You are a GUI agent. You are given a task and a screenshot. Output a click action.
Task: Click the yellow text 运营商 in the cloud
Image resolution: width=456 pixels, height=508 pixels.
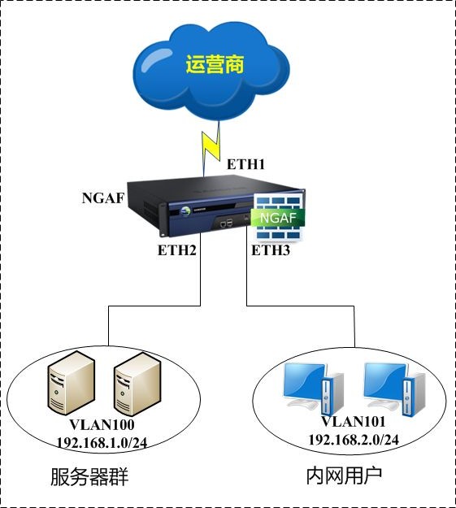[x=215, y=64]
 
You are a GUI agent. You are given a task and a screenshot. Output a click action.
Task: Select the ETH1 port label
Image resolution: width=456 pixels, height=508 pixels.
[x=245, y=164]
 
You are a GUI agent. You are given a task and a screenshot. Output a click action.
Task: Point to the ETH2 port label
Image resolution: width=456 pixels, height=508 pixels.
[x=177, y=250]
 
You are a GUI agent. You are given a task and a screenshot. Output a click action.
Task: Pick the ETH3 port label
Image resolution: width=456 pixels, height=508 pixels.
[x=271, y=250]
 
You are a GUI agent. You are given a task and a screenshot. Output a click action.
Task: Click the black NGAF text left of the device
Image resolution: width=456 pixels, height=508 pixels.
[x=103, y=198]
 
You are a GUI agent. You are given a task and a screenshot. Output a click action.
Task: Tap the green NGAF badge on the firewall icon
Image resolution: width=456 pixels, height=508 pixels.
[x=278, y=218]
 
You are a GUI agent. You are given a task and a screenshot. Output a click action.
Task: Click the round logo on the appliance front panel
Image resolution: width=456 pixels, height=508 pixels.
[x=185, y=211]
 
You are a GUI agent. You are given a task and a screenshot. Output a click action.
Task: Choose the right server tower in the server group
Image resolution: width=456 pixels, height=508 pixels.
[x=137, y=384]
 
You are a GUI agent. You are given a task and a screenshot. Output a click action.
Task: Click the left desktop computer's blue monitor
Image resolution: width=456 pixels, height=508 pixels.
[x=304, y=380]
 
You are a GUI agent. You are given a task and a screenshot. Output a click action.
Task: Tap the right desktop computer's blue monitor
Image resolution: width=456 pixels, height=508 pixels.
[x=384, y=380]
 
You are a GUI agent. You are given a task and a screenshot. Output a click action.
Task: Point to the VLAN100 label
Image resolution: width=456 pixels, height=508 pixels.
[x=102, y=425]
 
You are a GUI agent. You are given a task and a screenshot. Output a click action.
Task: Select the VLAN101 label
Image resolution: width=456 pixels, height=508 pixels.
[x=354, y=422]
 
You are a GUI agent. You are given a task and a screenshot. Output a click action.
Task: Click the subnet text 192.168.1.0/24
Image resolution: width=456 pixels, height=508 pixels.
[x=102, y=442]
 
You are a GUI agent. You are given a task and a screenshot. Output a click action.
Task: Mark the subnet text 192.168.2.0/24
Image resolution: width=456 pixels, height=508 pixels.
[x=354, y=439]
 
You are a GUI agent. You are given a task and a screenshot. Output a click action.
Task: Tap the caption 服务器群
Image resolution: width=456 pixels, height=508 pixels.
[x=89, y=477]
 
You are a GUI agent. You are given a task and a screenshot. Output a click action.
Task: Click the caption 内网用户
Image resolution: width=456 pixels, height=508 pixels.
[x=344, y=475]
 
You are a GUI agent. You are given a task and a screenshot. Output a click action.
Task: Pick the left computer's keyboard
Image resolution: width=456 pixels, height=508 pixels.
[x=304, y=404]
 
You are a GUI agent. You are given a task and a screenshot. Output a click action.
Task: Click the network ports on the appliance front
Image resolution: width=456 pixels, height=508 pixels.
[x=227, y=223]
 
